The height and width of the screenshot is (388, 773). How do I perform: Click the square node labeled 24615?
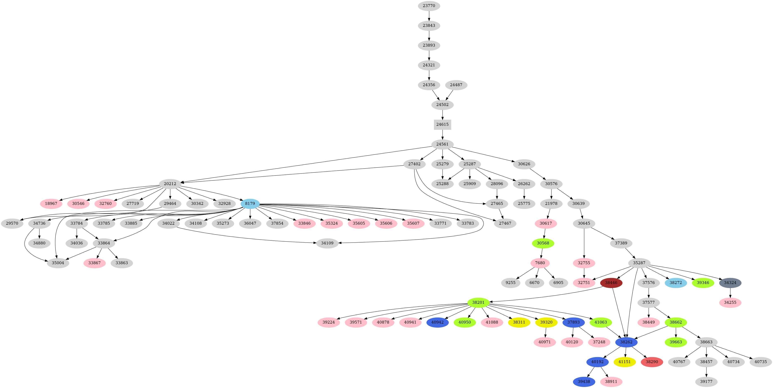click(x=442, y=124)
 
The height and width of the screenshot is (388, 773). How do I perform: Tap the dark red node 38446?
click(x=611, y=283)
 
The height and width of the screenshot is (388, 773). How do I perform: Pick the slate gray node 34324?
click(x=730, y=283)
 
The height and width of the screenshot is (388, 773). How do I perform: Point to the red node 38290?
click(x=652, y=362)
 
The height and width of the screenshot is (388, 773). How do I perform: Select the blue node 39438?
click(x=584, y=382)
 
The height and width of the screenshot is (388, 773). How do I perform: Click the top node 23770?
click(x=429, y=6)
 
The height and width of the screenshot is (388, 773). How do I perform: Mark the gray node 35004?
click(x=58, y=263)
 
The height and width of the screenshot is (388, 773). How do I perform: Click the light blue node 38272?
click(x=676, y=283)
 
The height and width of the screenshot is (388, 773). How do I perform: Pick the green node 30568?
click(x=543, y=243)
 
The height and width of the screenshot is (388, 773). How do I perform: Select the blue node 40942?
click(x=437, y=322)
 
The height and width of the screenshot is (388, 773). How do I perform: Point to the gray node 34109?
click(x=327, y=243)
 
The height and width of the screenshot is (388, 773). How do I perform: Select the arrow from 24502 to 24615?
click(x=442, y=114)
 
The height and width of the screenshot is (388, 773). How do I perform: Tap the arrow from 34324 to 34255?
click(x=730, y=293)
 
